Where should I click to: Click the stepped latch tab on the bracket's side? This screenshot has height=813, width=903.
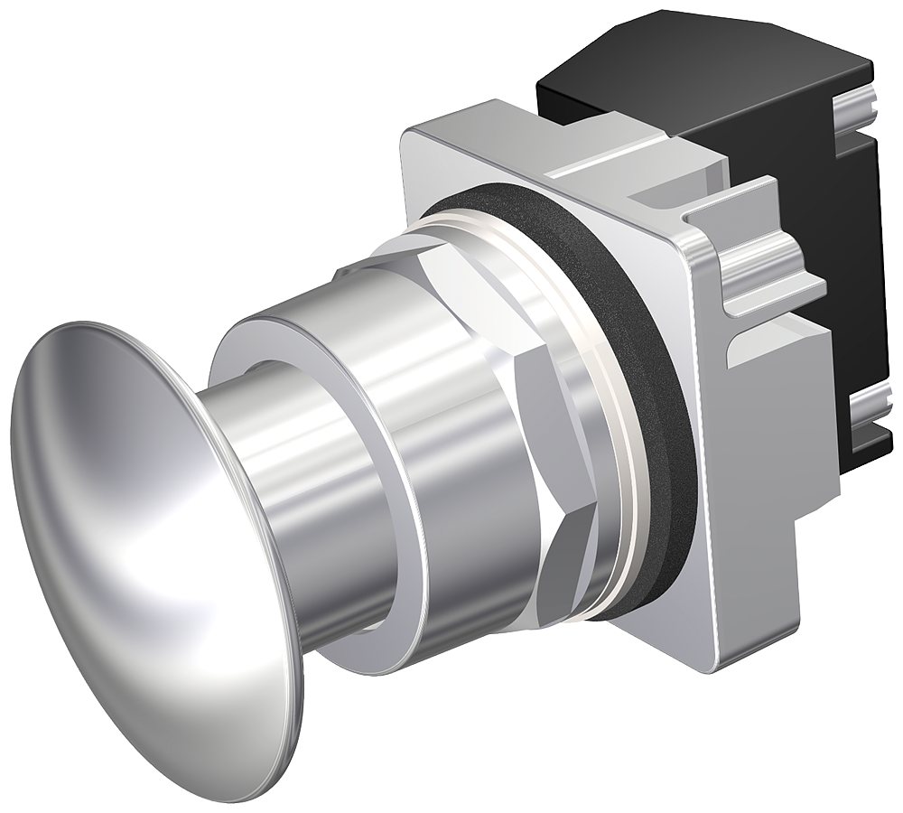[768, 271]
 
